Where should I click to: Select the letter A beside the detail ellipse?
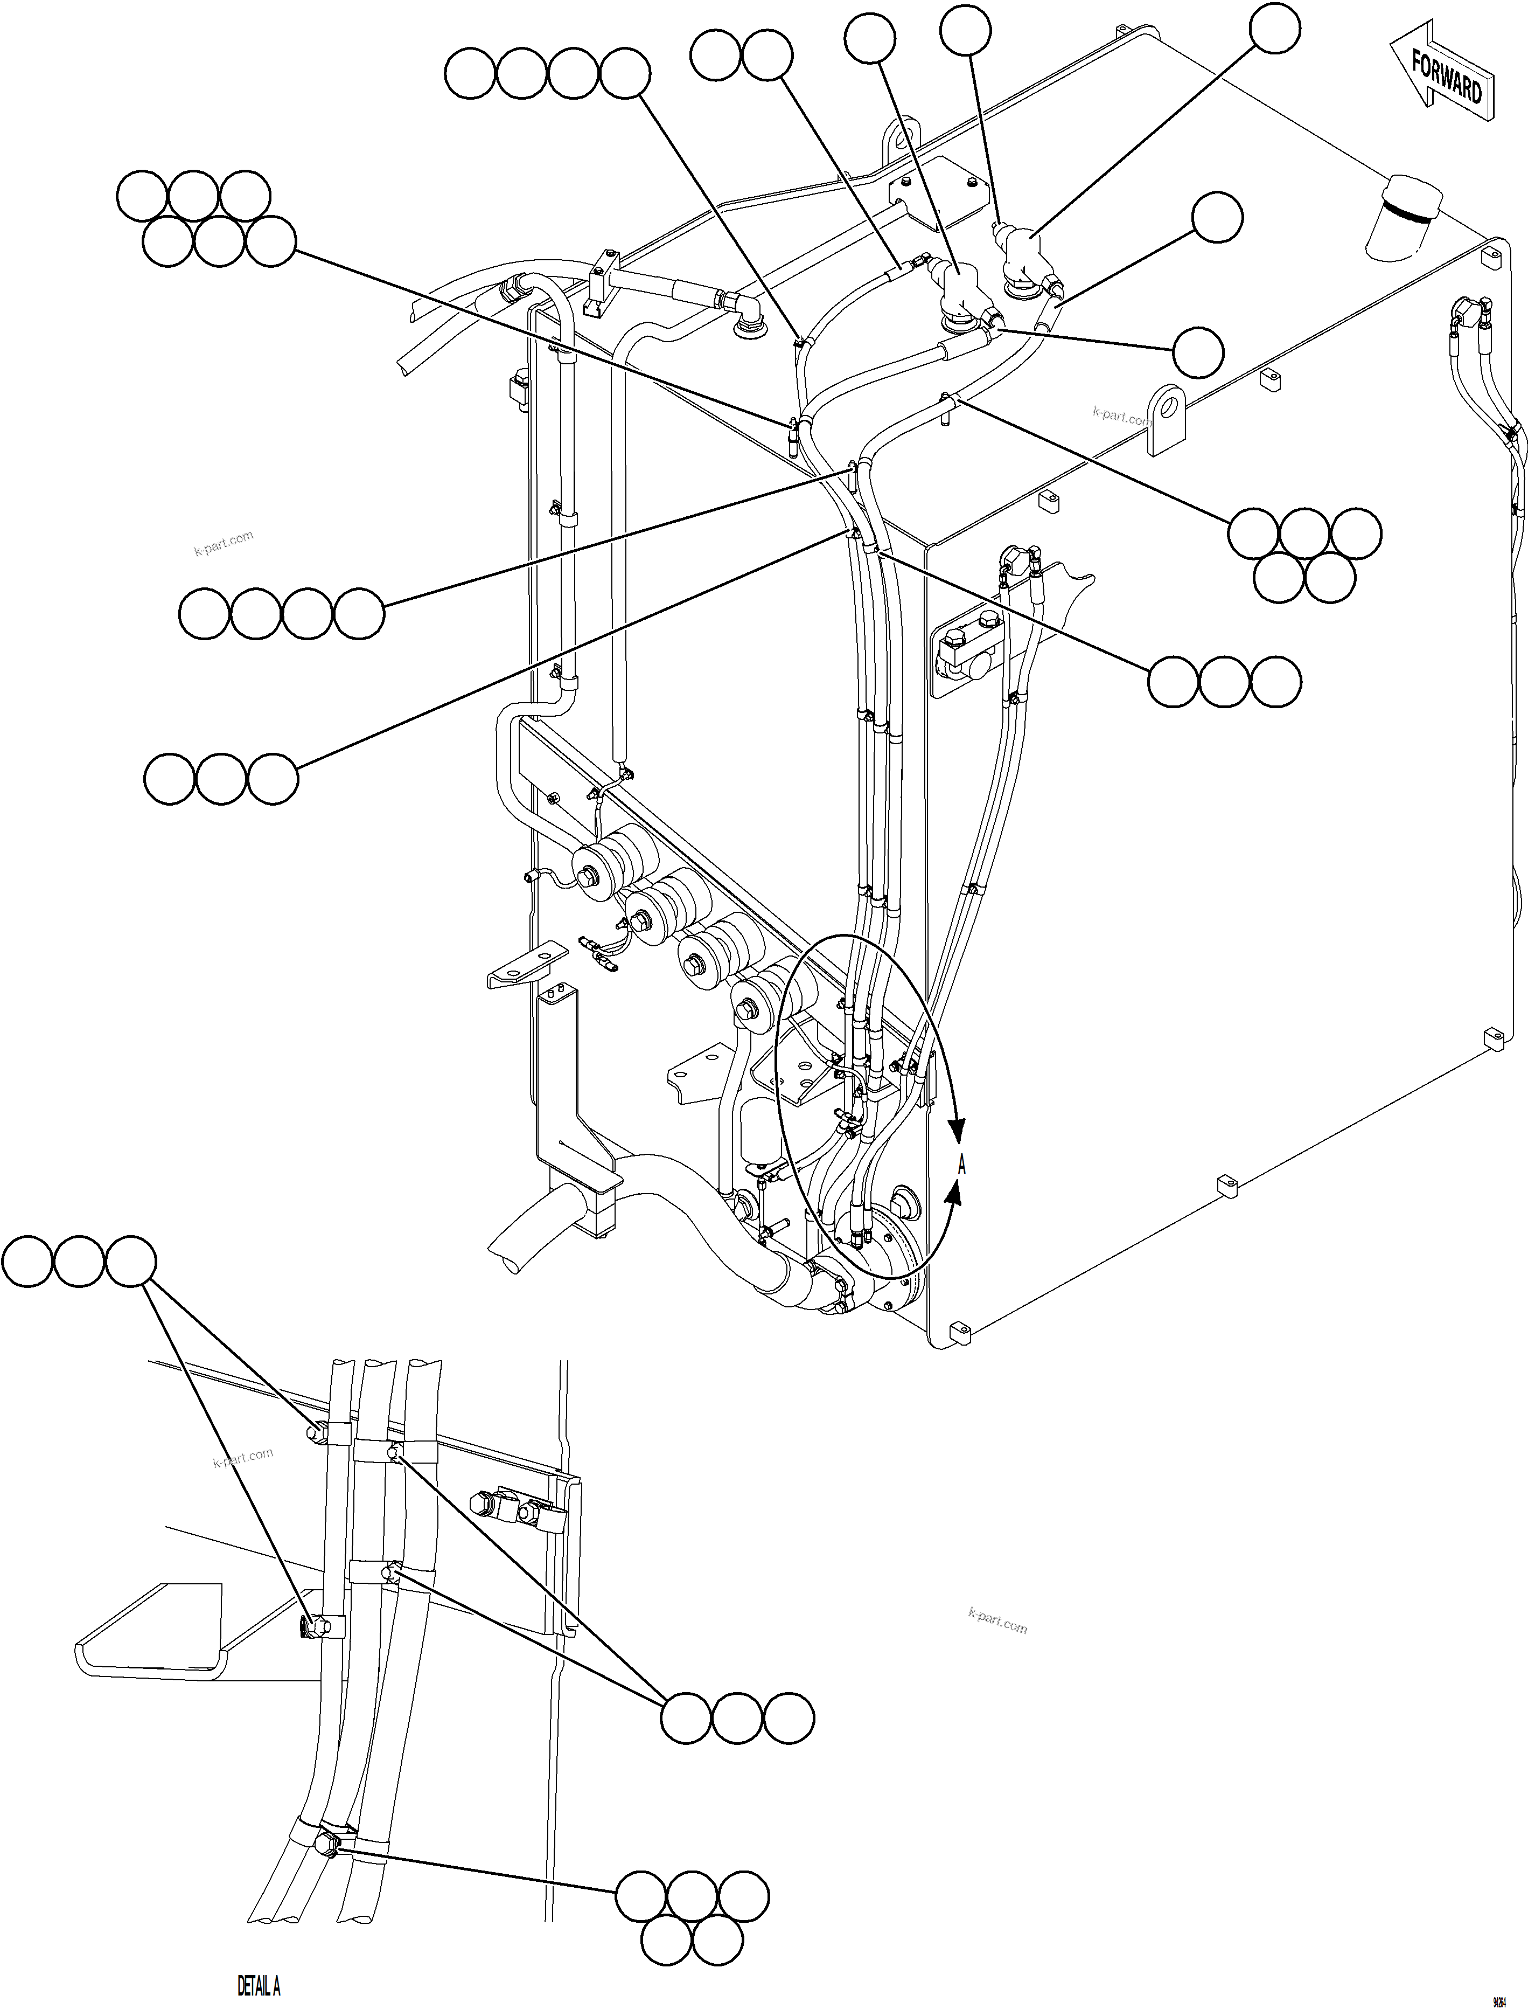(961, 1165)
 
